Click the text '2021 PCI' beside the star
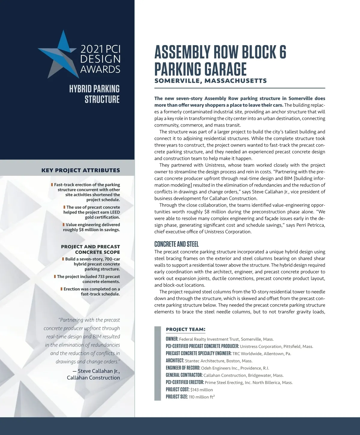pyautogui.click(x=100, y=49)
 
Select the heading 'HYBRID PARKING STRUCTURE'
pyautogui.click(x=94, y=94)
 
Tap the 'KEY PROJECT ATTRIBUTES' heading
pyautogui.click(x=81, y=170)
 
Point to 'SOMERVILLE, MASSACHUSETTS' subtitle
pyautogui.click(x=210, y=81)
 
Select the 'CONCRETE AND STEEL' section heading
pyautogui.click(x=176, y=244)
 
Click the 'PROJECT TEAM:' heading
pyautogui.click(x=186, y=329)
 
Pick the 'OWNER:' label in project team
pyautogui.click(x=172, y=339)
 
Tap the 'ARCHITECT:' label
pyautogui.click(x=175, y=361)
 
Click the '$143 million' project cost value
pyautogui.click(x=202, y=390)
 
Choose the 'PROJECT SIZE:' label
pyautogui.click(x=177, y=397)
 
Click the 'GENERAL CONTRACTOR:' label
pyautogui.click(x=184, y=375)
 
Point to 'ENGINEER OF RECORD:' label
pyautogui.click(x=183, y=368)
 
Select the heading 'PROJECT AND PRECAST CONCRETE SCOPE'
pyautogui.click(x=90, y=249)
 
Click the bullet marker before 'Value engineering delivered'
pyautogui.click(x=64, y=225)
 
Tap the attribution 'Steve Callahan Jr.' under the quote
pyautogui.click(x=99, y=371)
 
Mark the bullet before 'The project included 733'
pyautogui.click(x=55, y=277)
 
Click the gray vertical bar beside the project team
pyautogui.click(x=157, y=363)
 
